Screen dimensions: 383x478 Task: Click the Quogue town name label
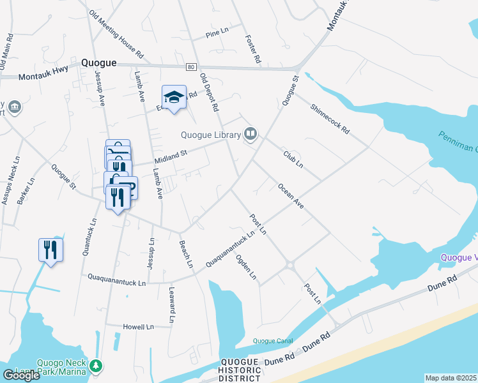98,63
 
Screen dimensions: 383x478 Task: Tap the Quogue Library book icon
251,134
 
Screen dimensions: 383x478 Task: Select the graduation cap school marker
174,98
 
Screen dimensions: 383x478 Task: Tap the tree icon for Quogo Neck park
95,366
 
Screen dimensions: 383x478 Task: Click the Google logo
21,375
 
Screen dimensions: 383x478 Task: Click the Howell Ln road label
139,327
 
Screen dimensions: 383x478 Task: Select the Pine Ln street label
217,32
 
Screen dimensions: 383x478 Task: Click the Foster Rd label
253,49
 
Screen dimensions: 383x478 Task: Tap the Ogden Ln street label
246,268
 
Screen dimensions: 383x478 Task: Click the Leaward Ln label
172,304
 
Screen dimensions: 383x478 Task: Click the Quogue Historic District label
239,370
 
